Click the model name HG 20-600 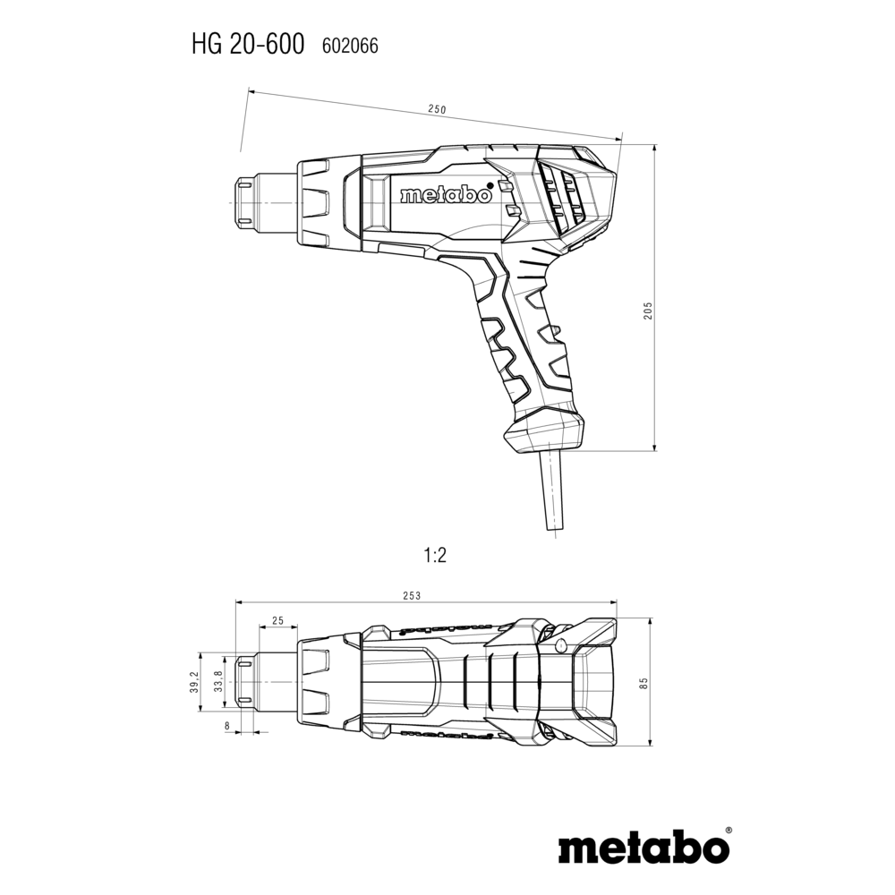(248, 45)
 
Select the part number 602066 (350, 46)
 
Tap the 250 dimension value (437, 109)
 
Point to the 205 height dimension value (648, 310)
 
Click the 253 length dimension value (412, 596)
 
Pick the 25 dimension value (278, 620)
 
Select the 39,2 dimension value (194, 682)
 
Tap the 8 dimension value (227, 726)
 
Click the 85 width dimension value (644, 683)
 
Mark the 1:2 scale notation (435, 555)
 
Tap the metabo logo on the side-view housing (446, 194)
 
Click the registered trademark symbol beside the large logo (728, 831)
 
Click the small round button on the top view (560, 645)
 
